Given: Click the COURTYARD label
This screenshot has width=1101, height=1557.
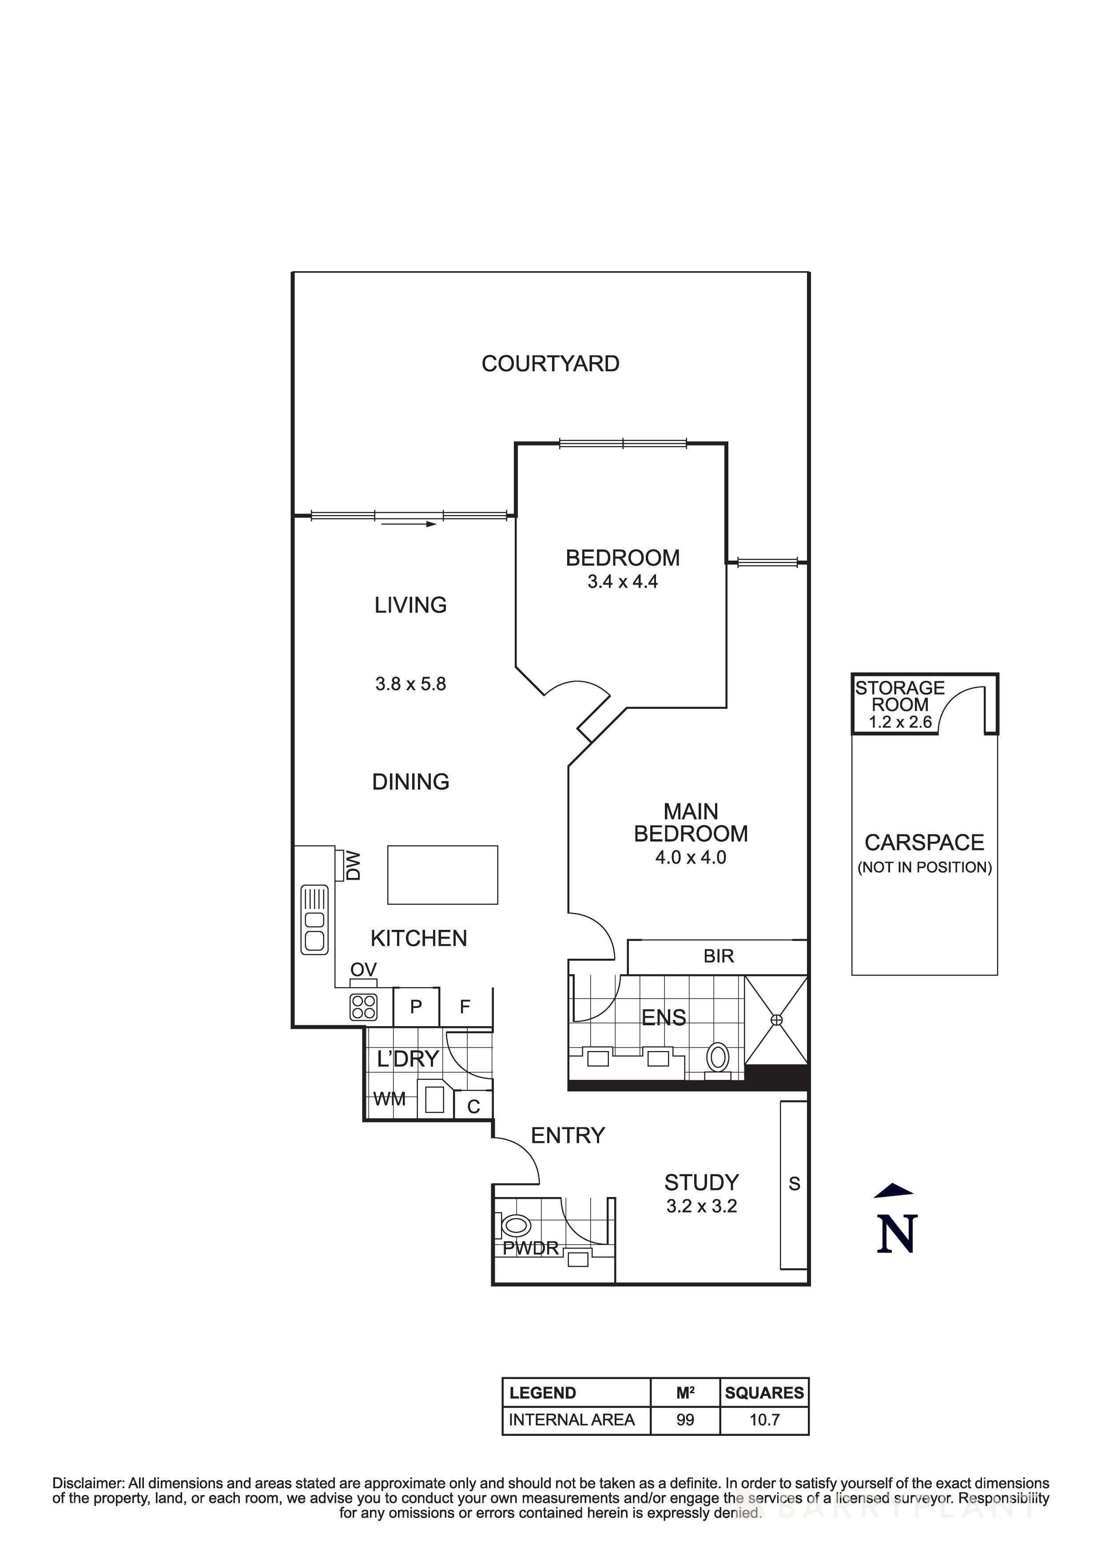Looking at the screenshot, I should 550,364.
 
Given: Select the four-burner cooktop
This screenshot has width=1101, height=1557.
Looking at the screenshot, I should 364,1007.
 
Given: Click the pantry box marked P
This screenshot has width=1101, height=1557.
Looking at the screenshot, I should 416,1006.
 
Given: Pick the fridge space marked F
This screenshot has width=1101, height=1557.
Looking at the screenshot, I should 465,1006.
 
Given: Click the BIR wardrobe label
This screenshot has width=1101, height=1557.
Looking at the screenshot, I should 719,956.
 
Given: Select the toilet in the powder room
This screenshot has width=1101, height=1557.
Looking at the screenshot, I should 517,1225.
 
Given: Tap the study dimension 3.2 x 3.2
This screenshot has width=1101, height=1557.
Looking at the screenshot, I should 701,1206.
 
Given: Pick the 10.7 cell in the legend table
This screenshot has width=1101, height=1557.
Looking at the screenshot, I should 764,1419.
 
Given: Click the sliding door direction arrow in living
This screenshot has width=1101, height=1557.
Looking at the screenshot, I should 409,524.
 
